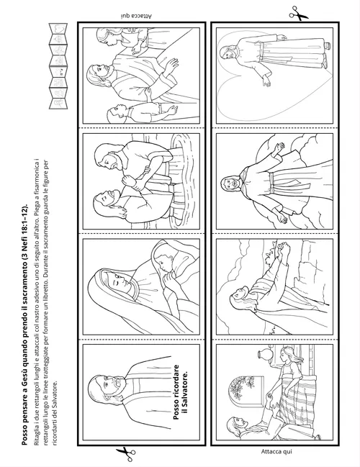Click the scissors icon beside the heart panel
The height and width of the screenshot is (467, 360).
coord(298,13)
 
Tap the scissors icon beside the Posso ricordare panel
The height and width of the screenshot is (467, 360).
coord(126,455)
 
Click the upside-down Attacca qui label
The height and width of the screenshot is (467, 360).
coord(137,16)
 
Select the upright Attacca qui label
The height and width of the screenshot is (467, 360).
coord(276,452)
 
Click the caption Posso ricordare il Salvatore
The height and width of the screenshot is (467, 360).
coord(180,392)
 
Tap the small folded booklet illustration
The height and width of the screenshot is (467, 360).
coord(58,66)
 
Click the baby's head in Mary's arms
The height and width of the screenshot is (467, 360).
coord(161,260)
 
